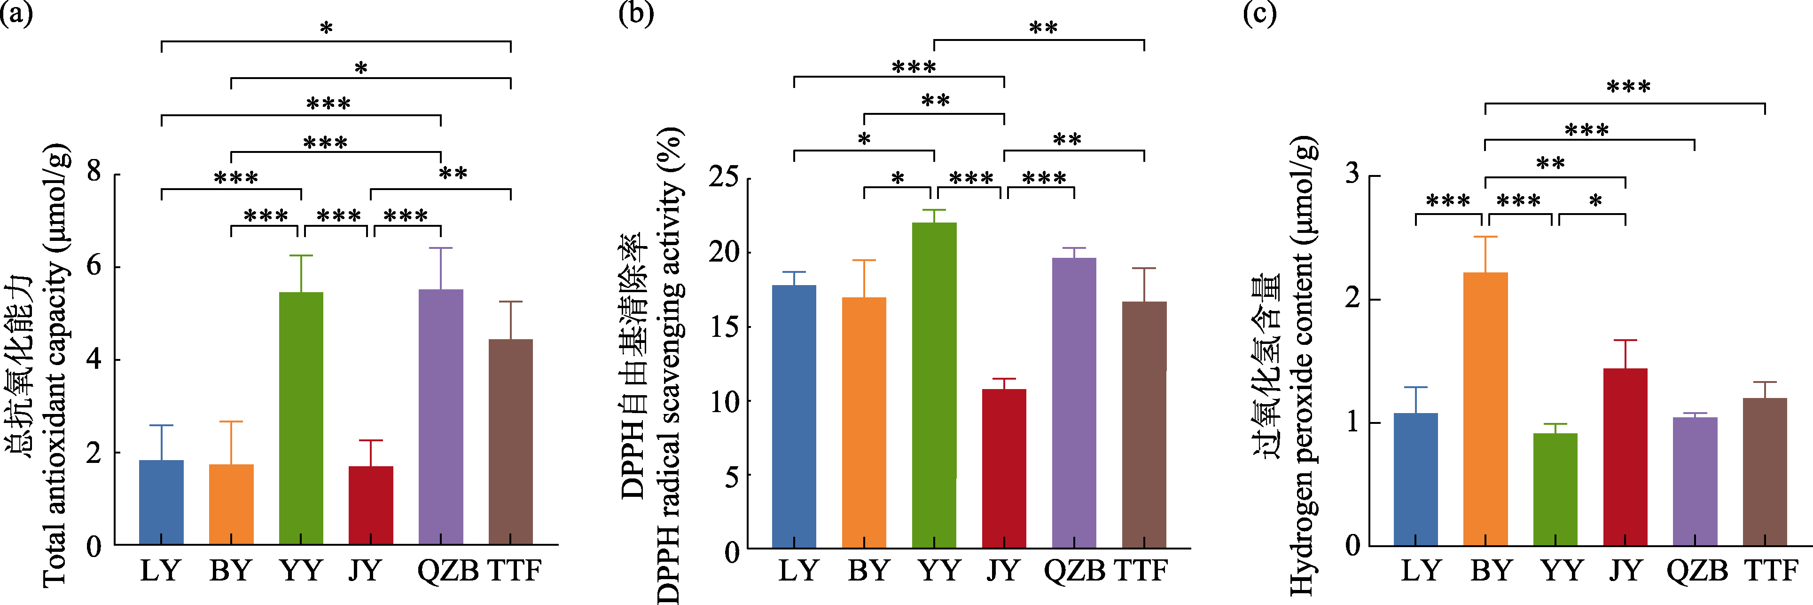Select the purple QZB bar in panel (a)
tap(441, 417)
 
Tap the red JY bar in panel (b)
tap(1004, 469)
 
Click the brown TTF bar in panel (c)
tap(1765, 472)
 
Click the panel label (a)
tap(16, 14)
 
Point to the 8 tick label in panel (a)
tap(94, 171)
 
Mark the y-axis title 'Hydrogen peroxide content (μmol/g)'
tap(1302, 366)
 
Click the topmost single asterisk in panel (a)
tap(327, 29)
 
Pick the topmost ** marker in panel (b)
tap(1043, 28)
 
